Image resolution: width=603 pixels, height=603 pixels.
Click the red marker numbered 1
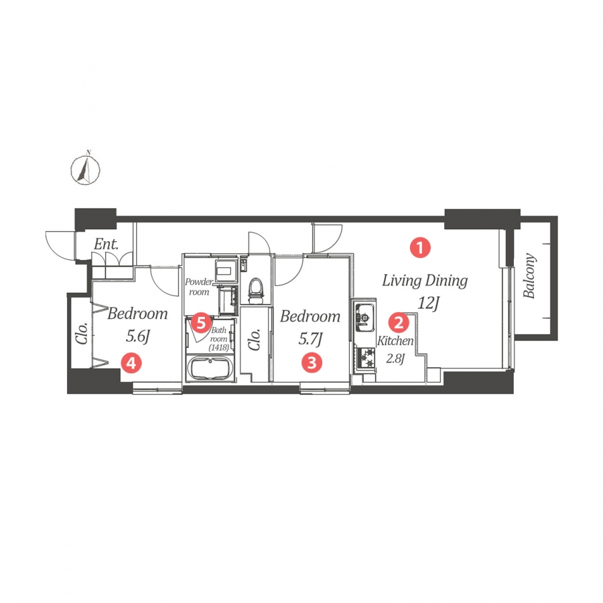(x=420, y=248)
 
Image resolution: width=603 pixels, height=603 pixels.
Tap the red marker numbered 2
(x=399, y=322)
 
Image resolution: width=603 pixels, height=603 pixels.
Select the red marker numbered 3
(x=312, y=362)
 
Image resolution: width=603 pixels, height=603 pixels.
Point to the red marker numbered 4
(x=131, y=362)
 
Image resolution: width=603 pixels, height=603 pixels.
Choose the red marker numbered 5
(x=202, y=323)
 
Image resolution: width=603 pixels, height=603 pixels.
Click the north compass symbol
(x=85, y=168)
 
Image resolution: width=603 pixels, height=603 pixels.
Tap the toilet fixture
(x=256, y=287)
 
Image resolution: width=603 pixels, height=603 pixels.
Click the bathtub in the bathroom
(x=210, y=368)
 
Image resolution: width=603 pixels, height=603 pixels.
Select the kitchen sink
(x=364, y=318)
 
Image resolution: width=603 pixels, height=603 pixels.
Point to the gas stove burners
(x=365, y=358)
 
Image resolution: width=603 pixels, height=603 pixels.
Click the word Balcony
(x=529, y=275)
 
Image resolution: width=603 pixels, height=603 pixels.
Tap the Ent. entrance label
(x=107, y=244)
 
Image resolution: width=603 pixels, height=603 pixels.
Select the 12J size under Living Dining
(x=428, y=304)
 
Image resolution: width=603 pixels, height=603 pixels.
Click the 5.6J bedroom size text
(x=137, y=336)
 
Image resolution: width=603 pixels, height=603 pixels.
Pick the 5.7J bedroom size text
(x=310, y=339)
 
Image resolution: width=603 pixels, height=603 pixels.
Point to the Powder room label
(x=199, y=287)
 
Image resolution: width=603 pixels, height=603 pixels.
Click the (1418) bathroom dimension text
(x=219, y=348)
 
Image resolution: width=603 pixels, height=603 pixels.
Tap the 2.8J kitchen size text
(x=395, y=358)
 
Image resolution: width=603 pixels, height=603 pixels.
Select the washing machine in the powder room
(x=227, y=270)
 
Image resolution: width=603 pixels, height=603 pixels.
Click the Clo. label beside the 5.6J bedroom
(x=82, y=333)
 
